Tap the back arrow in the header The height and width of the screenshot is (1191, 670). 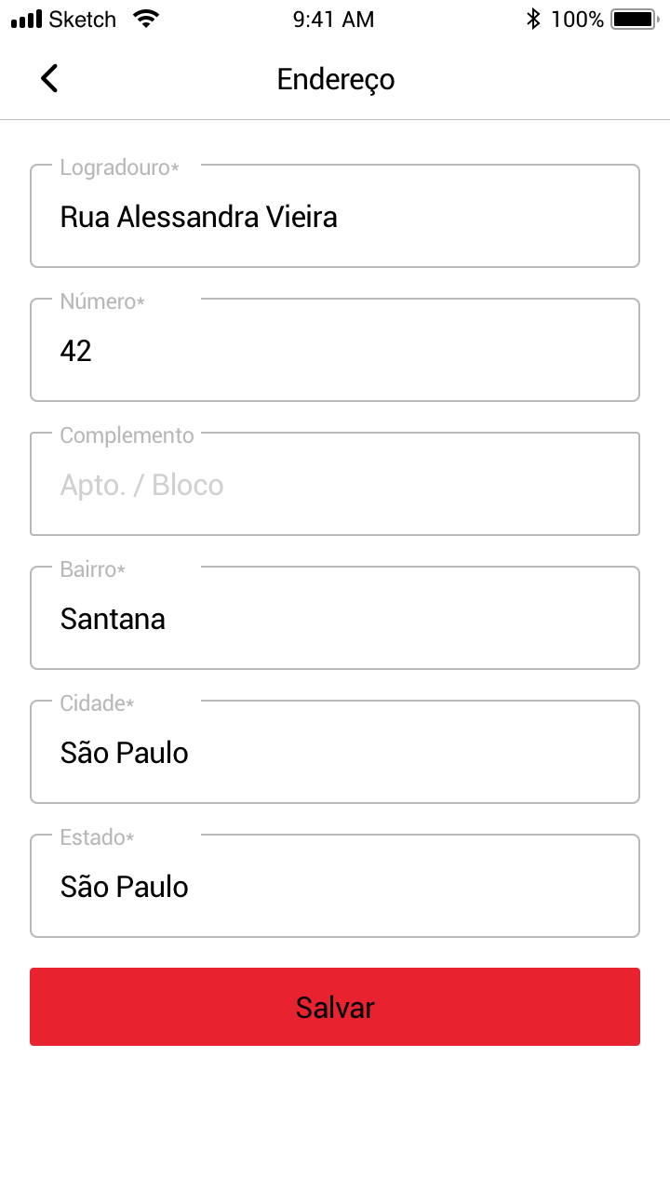pyautogui.click(x=49, y=79)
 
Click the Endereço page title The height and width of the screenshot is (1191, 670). pyautogui.click(x=335, y=79)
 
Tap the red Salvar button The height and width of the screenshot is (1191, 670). pyautogui.click(x=335, y=1007)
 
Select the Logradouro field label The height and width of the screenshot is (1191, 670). pyautogui.click(x=119, y=168)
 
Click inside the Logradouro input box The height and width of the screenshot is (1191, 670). pyautogui.click(x=335, y=223)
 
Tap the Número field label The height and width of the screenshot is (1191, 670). pyautogui.click(x=102, y=302)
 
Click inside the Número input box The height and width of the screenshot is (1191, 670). pyautogui.click(x=335, y=357)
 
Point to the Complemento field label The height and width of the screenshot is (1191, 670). pyautogui.click(x=127, y=435)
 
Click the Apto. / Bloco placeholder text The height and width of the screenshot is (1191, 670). pyautogui.click(x=141, y=486)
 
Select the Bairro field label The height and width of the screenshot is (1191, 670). pyautogui.click(x=92, y=569)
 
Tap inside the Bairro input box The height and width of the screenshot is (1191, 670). pyautogui.click(x=335, y=625)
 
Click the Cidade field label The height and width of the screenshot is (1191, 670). pyautogui.click(x=97, y=703)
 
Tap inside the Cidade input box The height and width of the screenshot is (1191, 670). pyautogui.click(x=335, y=759)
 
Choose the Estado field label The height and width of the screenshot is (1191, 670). pyautogui.click(x=97, y=837)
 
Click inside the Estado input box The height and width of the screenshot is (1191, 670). pyautogui.click(x=335, y=893)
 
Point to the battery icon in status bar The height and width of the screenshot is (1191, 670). pyautogui.click(x=634, y=20)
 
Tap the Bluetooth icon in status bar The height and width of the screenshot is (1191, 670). pyautogui.click(x=533, y=20)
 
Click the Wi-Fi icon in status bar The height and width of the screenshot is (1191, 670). pyautogui.click(x=146, y=19)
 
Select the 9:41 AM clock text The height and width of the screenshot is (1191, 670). pyautogui.click(x=333, y=20)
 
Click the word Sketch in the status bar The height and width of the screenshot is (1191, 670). pyautogui.click(x=82, y=20)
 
